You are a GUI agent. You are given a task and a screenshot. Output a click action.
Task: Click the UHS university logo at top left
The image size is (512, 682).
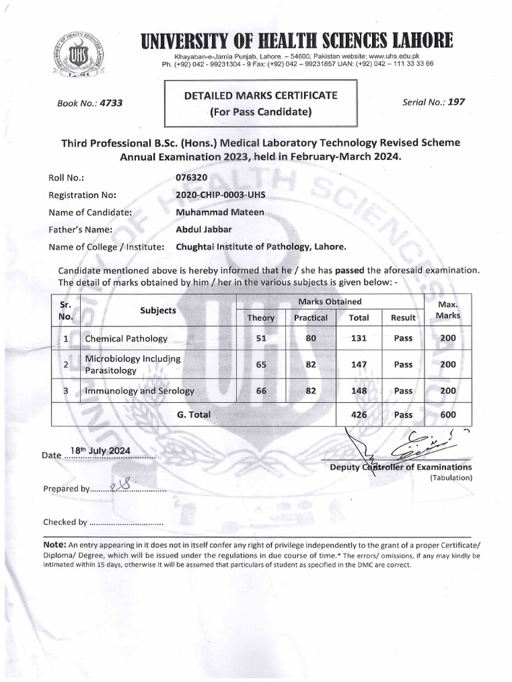[79, 56]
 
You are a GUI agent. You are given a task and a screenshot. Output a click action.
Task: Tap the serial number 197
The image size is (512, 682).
[456, 102]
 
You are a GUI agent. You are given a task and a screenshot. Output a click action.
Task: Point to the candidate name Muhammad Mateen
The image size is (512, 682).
[219, 212]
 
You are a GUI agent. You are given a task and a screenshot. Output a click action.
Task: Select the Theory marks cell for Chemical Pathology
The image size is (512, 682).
[261, 338]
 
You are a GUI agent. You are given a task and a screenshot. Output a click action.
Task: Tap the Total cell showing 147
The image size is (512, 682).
[359, 365]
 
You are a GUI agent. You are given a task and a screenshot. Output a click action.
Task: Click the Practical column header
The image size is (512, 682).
[310, 318]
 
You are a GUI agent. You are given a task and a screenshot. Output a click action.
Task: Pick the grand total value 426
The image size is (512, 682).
[359, 414]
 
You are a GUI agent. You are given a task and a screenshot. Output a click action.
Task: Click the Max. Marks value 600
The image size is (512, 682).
[448, 414]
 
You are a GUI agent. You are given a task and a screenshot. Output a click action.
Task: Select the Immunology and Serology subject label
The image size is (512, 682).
[139, 391]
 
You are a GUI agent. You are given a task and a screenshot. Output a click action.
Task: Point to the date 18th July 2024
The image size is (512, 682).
[100, 451]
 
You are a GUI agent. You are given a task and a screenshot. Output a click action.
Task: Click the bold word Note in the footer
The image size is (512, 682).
[54, 544]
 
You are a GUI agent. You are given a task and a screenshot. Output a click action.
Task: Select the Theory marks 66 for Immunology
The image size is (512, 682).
[261, 391]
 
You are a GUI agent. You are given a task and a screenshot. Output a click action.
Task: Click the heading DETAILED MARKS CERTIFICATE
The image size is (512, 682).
[261, 96]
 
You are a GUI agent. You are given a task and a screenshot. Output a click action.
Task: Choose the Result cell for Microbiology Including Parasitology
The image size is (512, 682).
[403, 365]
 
